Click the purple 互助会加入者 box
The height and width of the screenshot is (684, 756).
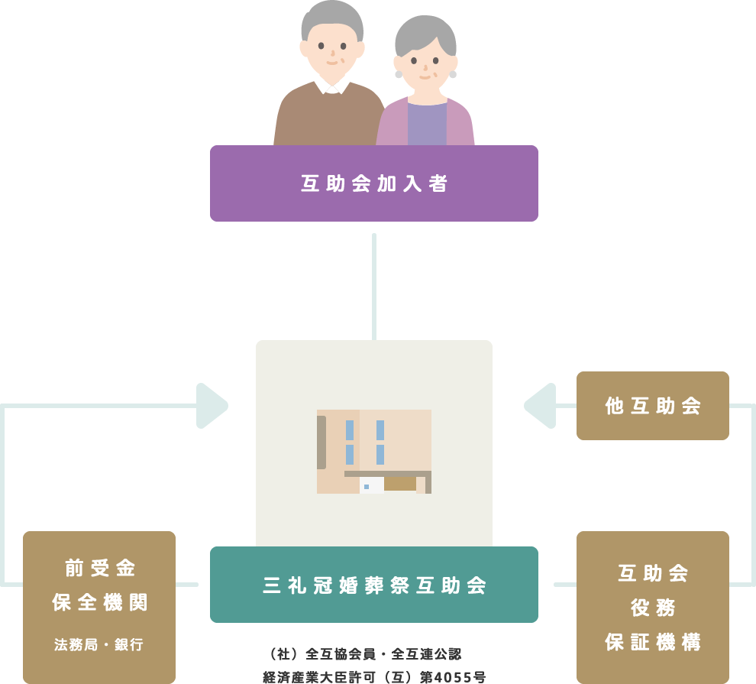click(x=374, y=183)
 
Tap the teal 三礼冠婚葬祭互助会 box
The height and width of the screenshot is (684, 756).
click(x=374, y=585)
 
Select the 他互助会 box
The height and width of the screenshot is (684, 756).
click(x=653, y=406)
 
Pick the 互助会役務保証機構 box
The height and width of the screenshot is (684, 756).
click(x=653, y=607)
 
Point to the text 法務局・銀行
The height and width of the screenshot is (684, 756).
click(x=99, y=644)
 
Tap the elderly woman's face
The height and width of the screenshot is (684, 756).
click(x=425, y=69)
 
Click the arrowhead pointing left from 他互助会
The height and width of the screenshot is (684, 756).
click(x=538, y=406)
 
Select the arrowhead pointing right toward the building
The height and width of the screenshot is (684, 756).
click(x=212, y=406)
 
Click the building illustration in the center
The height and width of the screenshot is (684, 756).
click(x=374, y=451)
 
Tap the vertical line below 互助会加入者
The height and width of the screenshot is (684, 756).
click(x=374, y=287)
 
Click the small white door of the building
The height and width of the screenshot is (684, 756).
click(x=371, y=485)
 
